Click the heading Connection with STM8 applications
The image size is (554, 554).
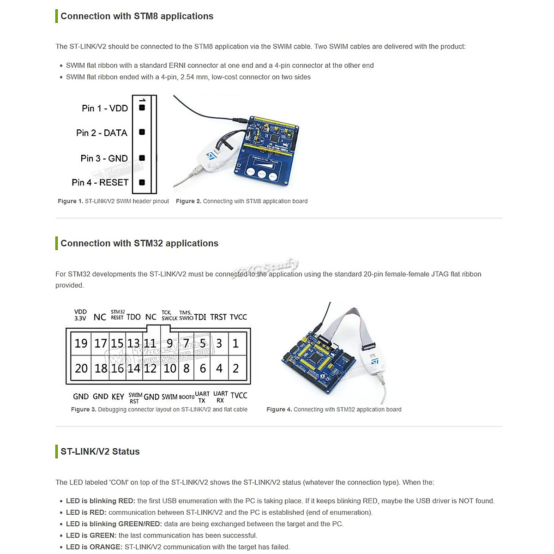[137, 16]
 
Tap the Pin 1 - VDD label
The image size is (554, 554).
[105, 108]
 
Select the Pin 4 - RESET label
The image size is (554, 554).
[100, 182]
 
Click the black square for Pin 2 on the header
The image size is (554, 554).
[142, 132]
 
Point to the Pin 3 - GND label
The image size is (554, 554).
[104, 158]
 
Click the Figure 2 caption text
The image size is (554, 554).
[241, 201]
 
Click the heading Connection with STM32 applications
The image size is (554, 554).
[139, 243]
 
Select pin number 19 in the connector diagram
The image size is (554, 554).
[81, 343]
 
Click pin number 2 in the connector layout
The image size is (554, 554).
[236, 368]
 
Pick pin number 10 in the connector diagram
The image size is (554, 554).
[170, 368]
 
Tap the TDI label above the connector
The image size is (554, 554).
[200, 317]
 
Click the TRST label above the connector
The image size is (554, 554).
[218, 317]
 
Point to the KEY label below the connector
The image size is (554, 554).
[118, 397]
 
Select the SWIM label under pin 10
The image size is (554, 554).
[169, 397]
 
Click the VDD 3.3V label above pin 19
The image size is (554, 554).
[80, 315]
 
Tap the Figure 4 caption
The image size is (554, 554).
[334, 409]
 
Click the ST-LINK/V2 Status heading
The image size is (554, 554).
[100, 452]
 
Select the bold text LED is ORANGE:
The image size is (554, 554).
[94, 547]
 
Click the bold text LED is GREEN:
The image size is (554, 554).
[91, 536]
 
